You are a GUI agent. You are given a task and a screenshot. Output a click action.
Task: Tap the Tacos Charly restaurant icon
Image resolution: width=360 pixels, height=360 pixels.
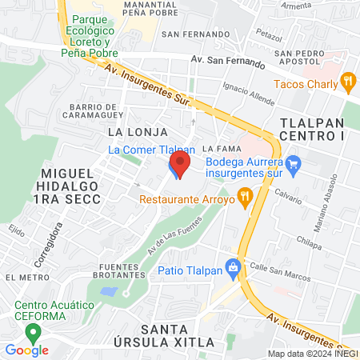(x=347, y=81)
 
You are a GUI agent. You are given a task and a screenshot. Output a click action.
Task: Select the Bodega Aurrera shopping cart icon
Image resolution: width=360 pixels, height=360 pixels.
(x=293, y=167)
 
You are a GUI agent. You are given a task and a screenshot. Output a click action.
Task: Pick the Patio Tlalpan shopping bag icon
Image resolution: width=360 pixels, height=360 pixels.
(x=233, y=267)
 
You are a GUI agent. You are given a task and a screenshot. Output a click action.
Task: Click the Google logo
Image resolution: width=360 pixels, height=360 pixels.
(x=26, y=350)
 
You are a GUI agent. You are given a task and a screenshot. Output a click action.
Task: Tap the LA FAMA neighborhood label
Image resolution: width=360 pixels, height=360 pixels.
(x=217, y=148)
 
